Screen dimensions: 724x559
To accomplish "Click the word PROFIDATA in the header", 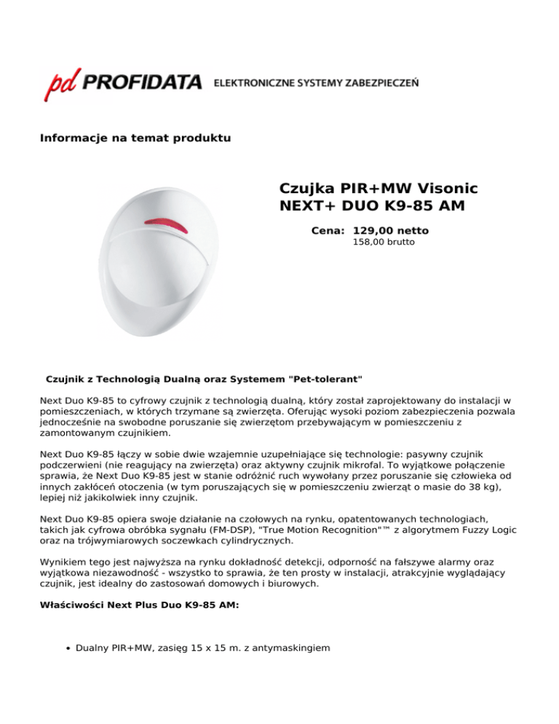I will pos(143,83).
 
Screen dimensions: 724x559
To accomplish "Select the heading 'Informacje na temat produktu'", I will pos(135,138).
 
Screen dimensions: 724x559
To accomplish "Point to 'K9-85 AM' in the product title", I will pos(426,206).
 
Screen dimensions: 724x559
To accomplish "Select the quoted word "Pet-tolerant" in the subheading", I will pos(325,379).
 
